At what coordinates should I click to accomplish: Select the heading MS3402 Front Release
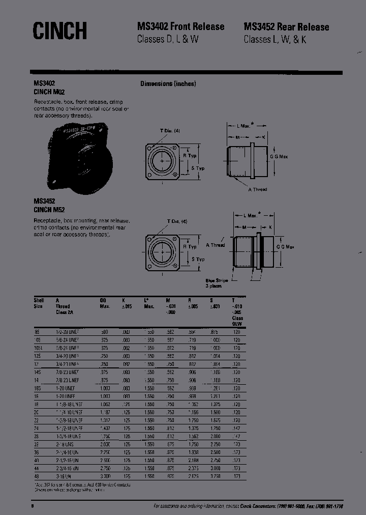tap(180, 27)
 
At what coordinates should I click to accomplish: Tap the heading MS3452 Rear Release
tap(286, 27)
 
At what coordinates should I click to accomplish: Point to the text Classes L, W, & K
tap(274, 40)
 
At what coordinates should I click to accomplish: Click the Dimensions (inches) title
tap(168, 84)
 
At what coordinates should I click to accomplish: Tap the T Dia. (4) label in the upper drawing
tap(170, 131)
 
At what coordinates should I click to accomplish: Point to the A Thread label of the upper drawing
tap(257, 189)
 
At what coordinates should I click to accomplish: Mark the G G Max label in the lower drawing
tap(285, 247)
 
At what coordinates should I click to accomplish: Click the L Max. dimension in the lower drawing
tap(250, 216)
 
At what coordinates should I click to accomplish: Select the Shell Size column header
tap(39, 304)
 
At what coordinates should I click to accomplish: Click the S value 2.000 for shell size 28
tap(216, 437)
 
